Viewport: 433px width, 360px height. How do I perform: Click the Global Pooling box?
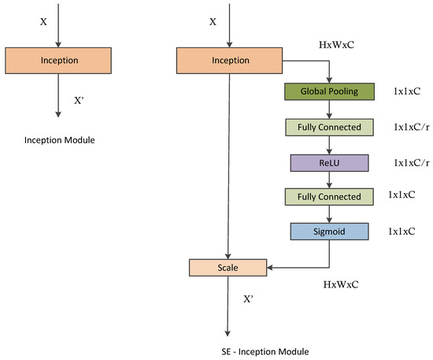click(328, 91)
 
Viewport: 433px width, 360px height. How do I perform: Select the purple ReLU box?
click(328, 162)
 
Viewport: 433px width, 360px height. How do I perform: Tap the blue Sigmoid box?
click(328, 232)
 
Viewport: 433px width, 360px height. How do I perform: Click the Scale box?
click(228, 268)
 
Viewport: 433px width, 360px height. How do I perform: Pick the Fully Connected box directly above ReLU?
click(328, 127)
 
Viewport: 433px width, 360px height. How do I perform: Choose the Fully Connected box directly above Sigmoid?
click(328, 197)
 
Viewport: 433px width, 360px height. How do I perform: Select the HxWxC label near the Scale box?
click(342, 281)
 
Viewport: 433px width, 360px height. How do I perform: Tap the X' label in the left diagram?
click(80, 101)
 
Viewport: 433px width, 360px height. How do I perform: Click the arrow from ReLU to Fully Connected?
click(328, 180)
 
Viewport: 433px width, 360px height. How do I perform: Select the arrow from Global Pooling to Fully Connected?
click(328, 109)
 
